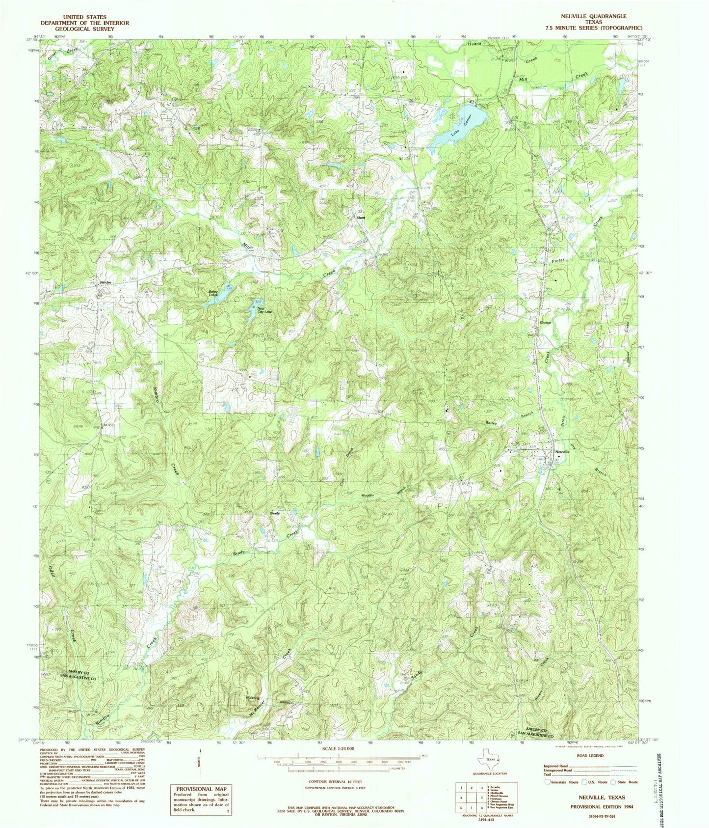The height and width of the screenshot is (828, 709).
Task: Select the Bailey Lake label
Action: (213, 293)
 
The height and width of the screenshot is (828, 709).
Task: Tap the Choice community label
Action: (545, 323)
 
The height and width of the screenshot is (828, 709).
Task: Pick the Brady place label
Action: (275, 514)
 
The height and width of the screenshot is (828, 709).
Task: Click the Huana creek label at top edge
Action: (474, 44)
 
